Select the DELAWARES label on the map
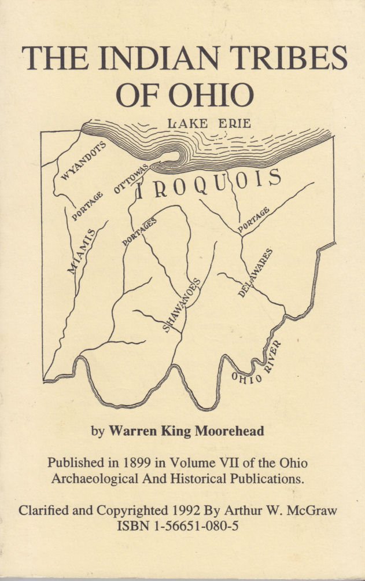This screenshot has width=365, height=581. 255,273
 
